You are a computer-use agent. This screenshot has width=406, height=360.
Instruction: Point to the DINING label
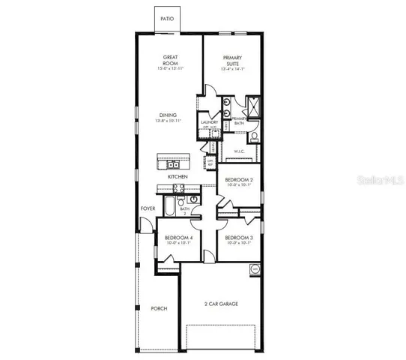click(x=168, y=115)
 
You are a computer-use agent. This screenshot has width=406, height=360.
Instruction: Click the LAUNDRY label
click(x=209, y=121)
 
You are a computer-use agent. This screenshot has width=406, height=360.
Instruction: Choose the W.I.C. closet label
click(x=239, y=151)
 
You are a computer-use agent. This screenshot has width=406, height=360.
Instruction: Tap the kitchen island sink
click(x=172, y=164)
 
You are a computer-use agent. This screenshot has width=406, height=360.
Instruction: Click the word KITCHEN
click(x=178, y=177)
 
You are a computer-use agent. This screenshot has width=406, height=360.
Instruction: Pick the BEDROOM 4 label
click(x=179, y=239)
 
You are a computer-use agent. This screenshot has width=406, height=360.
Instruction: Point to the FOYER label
click(x=147, y=209)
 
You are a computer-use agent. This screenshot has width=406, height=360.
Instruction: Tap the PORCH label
click(x=159, y=308)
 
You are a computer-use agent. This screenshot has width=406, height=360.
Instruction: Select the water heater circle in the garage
click(x=254, y=268)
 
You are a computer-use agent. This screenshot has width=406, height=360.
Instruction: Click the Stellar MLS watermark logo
click(x=378, y=181)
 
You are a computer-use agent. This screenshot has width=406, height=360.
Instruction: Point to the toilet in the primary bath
click(x=253, y=136)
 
